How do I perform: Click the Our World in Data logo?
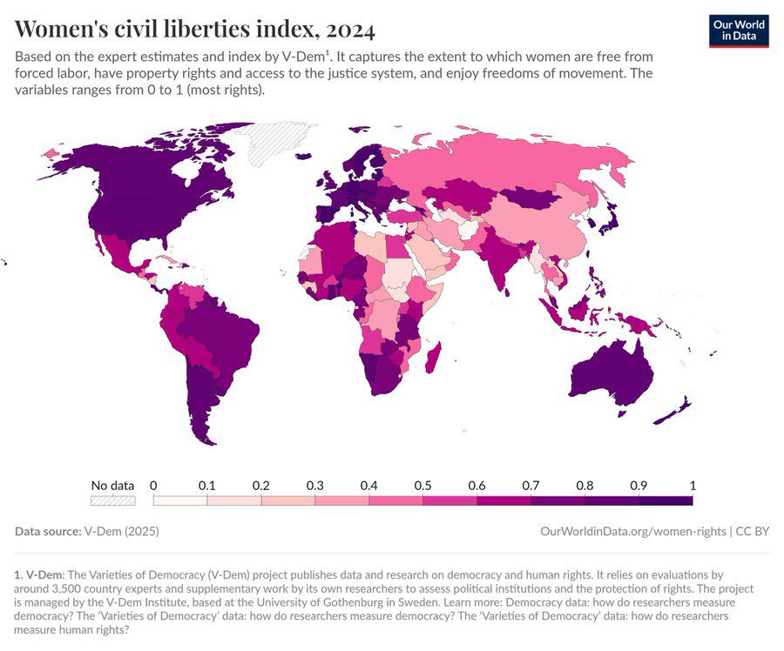coord(739,30)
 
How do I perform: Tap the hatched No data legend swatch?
coord(113,500)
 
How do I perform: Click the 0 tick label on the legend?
coord(153,486)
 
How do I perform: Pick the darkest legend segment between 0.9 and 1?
coord(666,500)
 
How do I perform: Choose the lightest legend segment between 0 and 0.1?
coord(179,500)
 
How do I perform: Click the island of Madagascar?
coord(432,357)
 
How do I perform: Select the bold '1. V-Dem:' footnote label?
coord(38,574)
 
